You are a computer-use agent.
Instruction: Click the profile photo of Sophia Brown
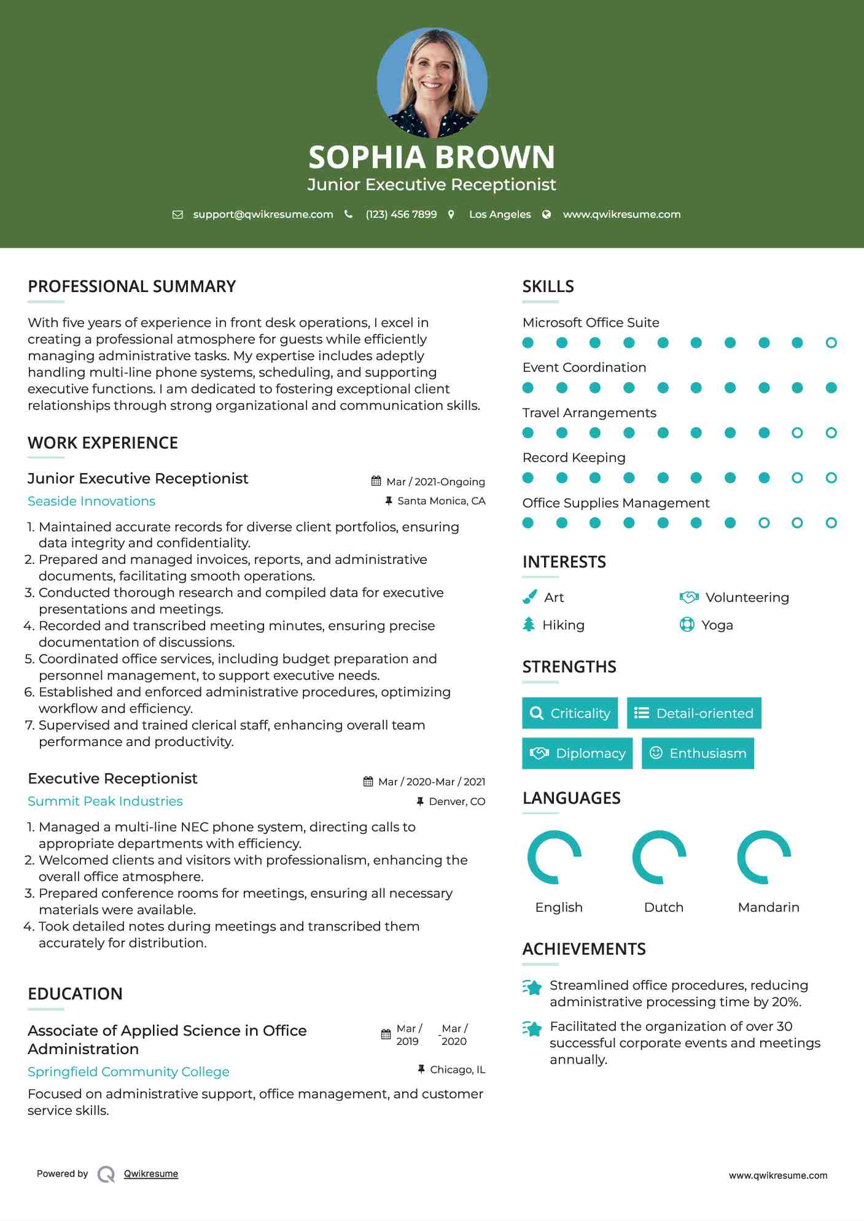432,82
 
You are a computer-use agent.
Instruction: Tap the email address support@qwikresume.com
263,214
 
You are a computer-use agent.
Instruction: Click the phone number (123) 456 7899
401,214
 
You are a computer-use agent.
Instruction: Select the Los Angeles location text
500,214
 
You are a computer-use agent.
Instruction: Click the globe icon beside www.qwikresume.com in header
547,214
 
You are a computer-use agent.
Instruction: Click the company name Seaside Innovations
91,501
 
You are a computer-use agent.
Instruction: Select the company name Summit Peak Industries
105,801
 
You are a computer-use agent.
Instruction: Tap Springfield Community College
128,1072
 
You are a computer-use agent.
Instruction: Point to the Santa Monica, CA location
441,501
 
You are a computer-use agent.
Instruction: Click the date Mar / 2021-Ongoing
435,482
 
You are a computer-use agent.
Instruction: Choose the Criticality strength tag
570,713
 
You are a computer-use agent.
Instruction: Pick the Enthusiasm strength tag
698,753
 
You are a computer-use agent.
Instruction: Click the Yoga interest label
717,625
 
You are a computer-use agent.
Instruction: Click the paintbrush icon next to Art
529,597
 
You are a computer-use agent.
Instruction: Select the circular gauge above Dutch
660,857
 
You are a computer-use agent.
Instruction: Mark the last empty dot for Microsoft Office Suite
831,342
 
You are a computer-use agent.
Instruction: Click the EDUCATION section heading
75,993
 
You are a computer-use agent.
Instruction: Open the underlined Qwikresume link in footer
151,1174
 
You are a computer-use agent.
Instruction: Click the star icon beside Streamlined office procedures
532,987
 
